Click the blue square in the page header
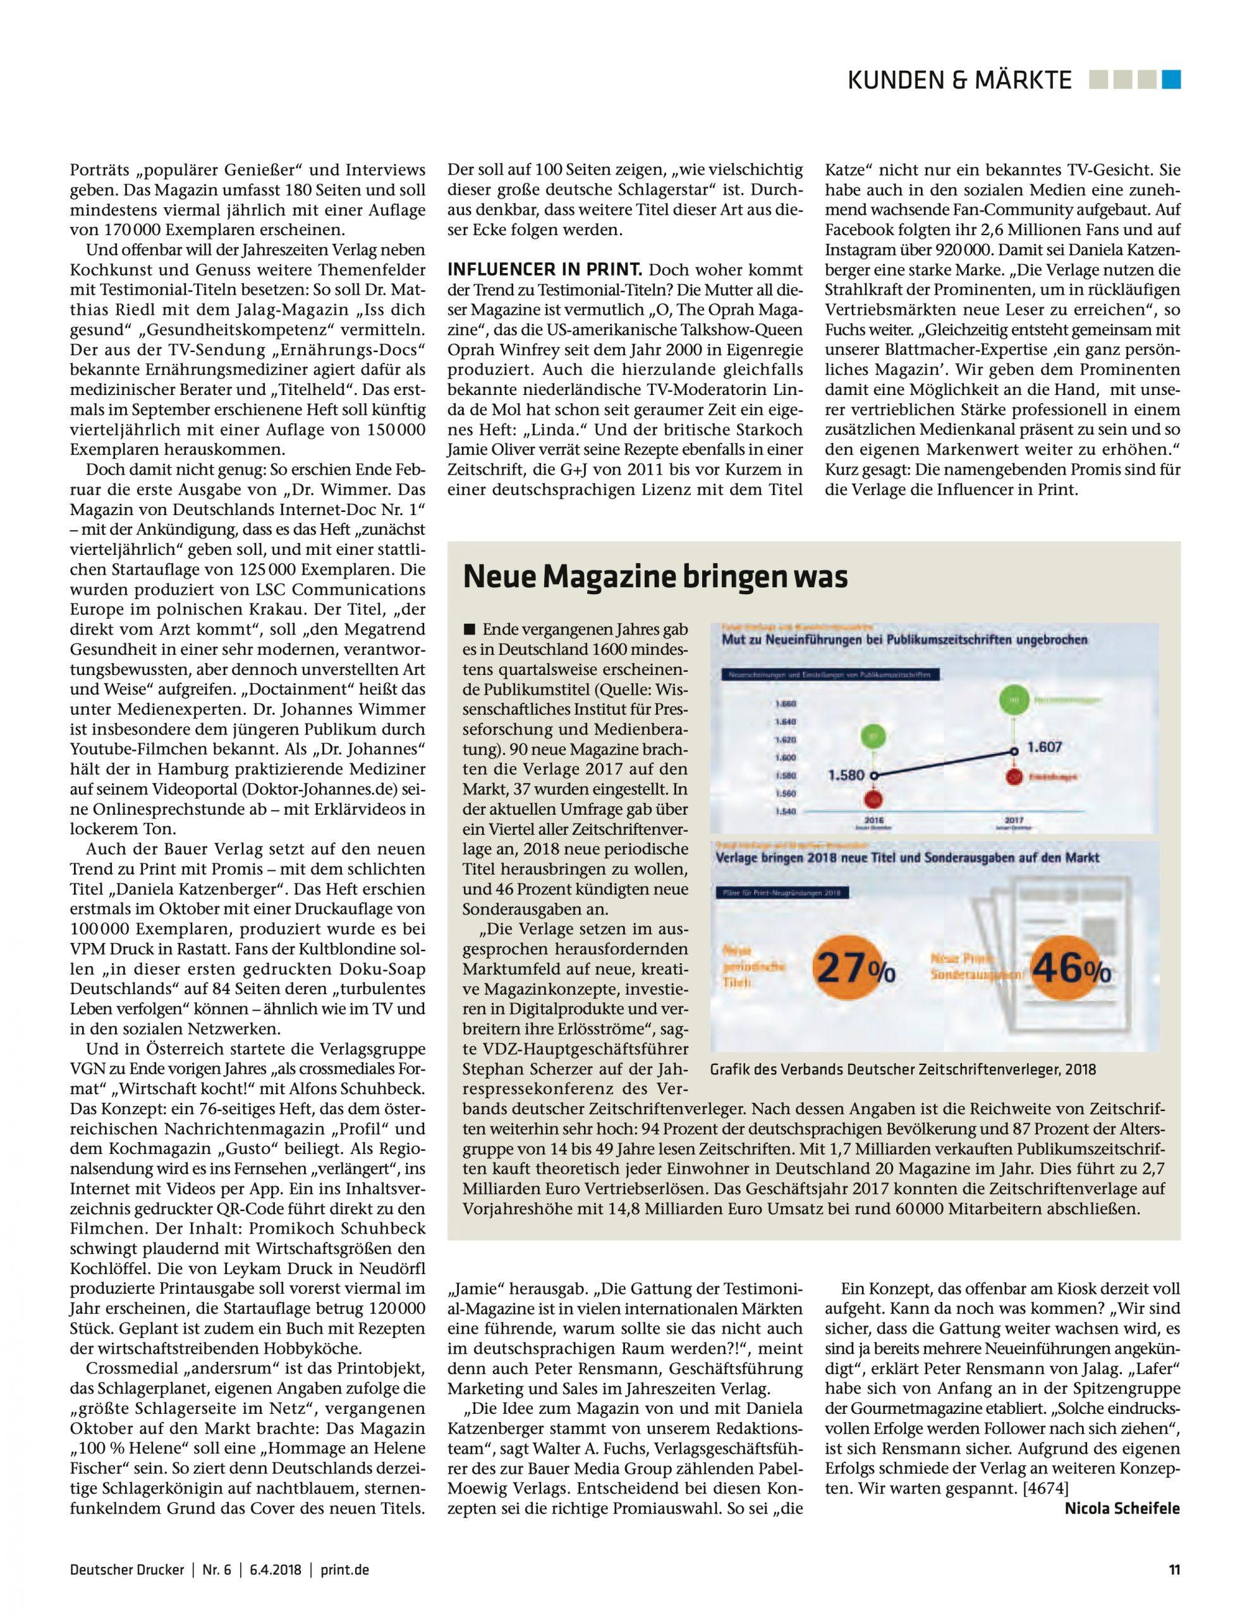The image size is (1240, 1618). (1171, 79)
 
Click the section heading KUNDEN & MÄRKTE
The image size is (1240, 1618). (959, 80)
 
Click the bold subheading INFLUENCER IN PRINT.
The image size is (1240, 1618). (545, 270)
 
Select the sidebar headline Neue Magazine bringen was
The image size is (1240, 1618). (655, 576)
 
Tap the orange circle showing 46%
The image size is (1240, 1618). (1069, 968)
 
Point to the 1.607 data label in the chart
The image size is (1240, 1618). (1045, 747)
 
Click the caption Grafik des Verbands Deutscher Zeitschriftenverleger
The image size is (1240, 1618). (903, 1069)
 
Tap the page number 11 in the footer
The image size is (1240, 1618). (1174, 1570)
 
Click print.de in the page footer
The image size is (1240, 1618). (344, 1570)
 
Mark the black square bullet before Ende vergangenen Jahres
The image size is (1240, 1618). (469, 630)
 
